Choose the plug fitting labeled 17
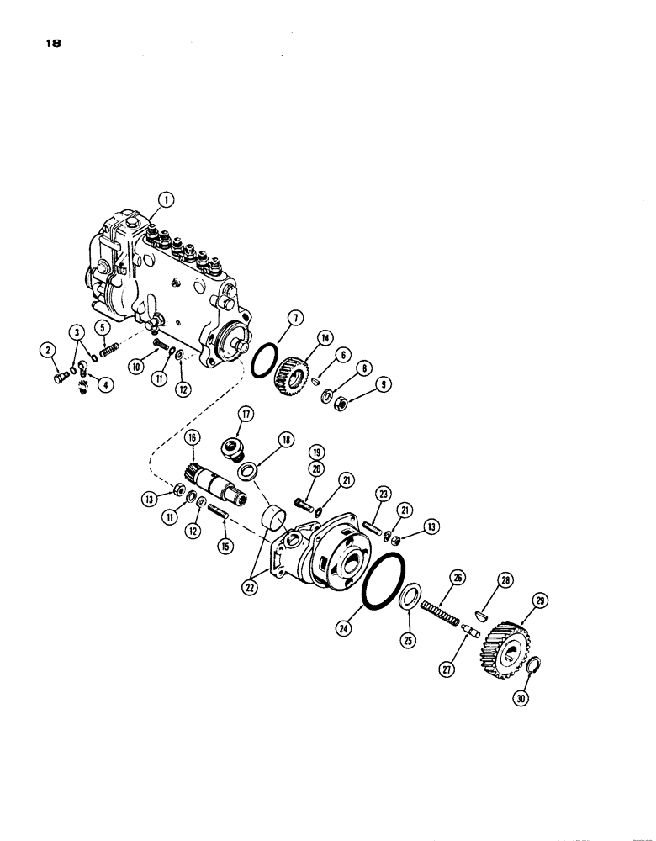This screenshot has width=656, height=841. tap(230, 445)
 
